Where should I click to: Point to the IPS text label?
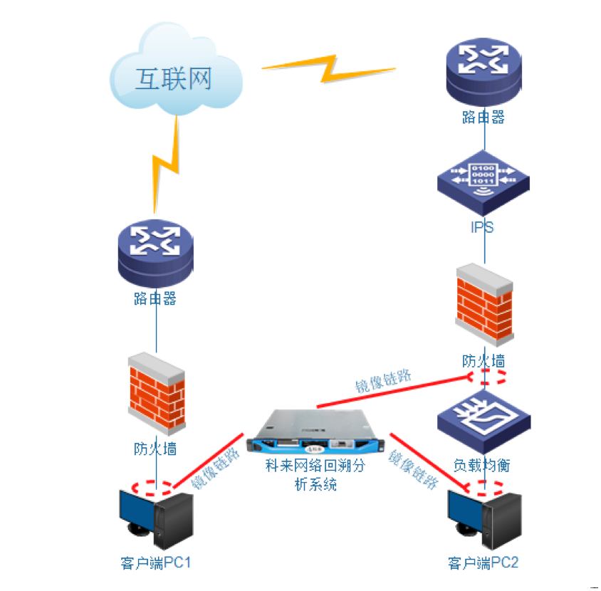click(x=484, y=228)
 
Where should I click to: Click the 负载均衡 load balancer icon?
click(x=484, y=420)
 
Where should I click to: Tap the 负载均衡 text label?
click(x=482, y=466)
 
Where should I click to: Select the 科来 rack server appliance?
click(x=313, y=434)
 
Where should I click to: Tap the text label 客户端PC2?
click(x=484, y=563)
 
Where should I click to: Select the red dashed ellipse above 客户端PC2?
click(x=485, y=488)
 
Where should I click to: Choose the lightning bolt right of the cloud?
click(x=328, y=68)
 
